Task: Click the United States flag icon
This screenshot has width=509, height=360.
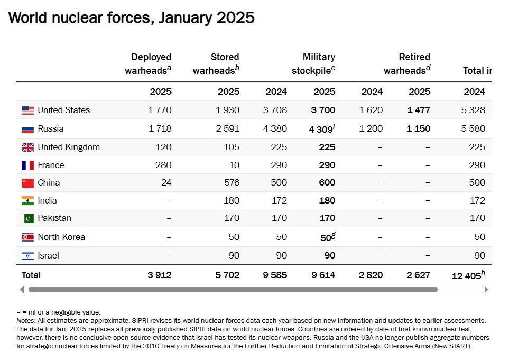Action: point(27,110)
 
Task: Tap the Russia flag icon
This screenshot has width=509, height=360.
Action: point(27,128)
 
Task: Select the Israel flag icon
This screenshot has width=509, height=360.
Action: point(27,256)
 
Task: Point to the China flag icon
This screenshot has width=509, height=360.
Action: point(27,183)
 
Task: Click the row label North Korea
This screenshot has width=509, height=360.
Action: point(61,237)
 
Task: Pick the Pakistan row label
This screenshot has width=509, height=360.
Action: point(54,218)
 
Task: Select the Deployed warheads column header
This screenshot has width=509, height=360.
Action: point(149,63)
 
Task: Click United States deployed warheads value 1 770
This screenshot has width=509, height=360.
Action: point(160,110)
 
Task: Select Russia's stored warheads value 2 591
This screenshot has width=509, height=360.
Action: point(228,128)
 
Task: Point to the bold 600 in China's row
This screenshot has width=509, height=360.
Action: point(327,183)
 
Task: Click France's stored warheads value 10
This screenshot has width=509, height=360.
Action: point(234,165)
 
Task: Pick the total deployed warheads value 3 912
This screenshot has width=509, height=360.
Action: point(159,275)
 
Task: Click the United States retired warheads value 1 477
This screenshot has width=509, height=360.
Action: point(419,110)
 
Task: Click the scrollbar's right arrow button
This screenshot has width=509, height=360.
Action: point(486,289)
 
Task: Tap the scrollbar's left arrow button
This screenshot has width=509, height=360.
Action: point(22,289)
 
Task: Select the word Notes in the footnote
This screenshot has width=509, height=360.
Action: point(25,321)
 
